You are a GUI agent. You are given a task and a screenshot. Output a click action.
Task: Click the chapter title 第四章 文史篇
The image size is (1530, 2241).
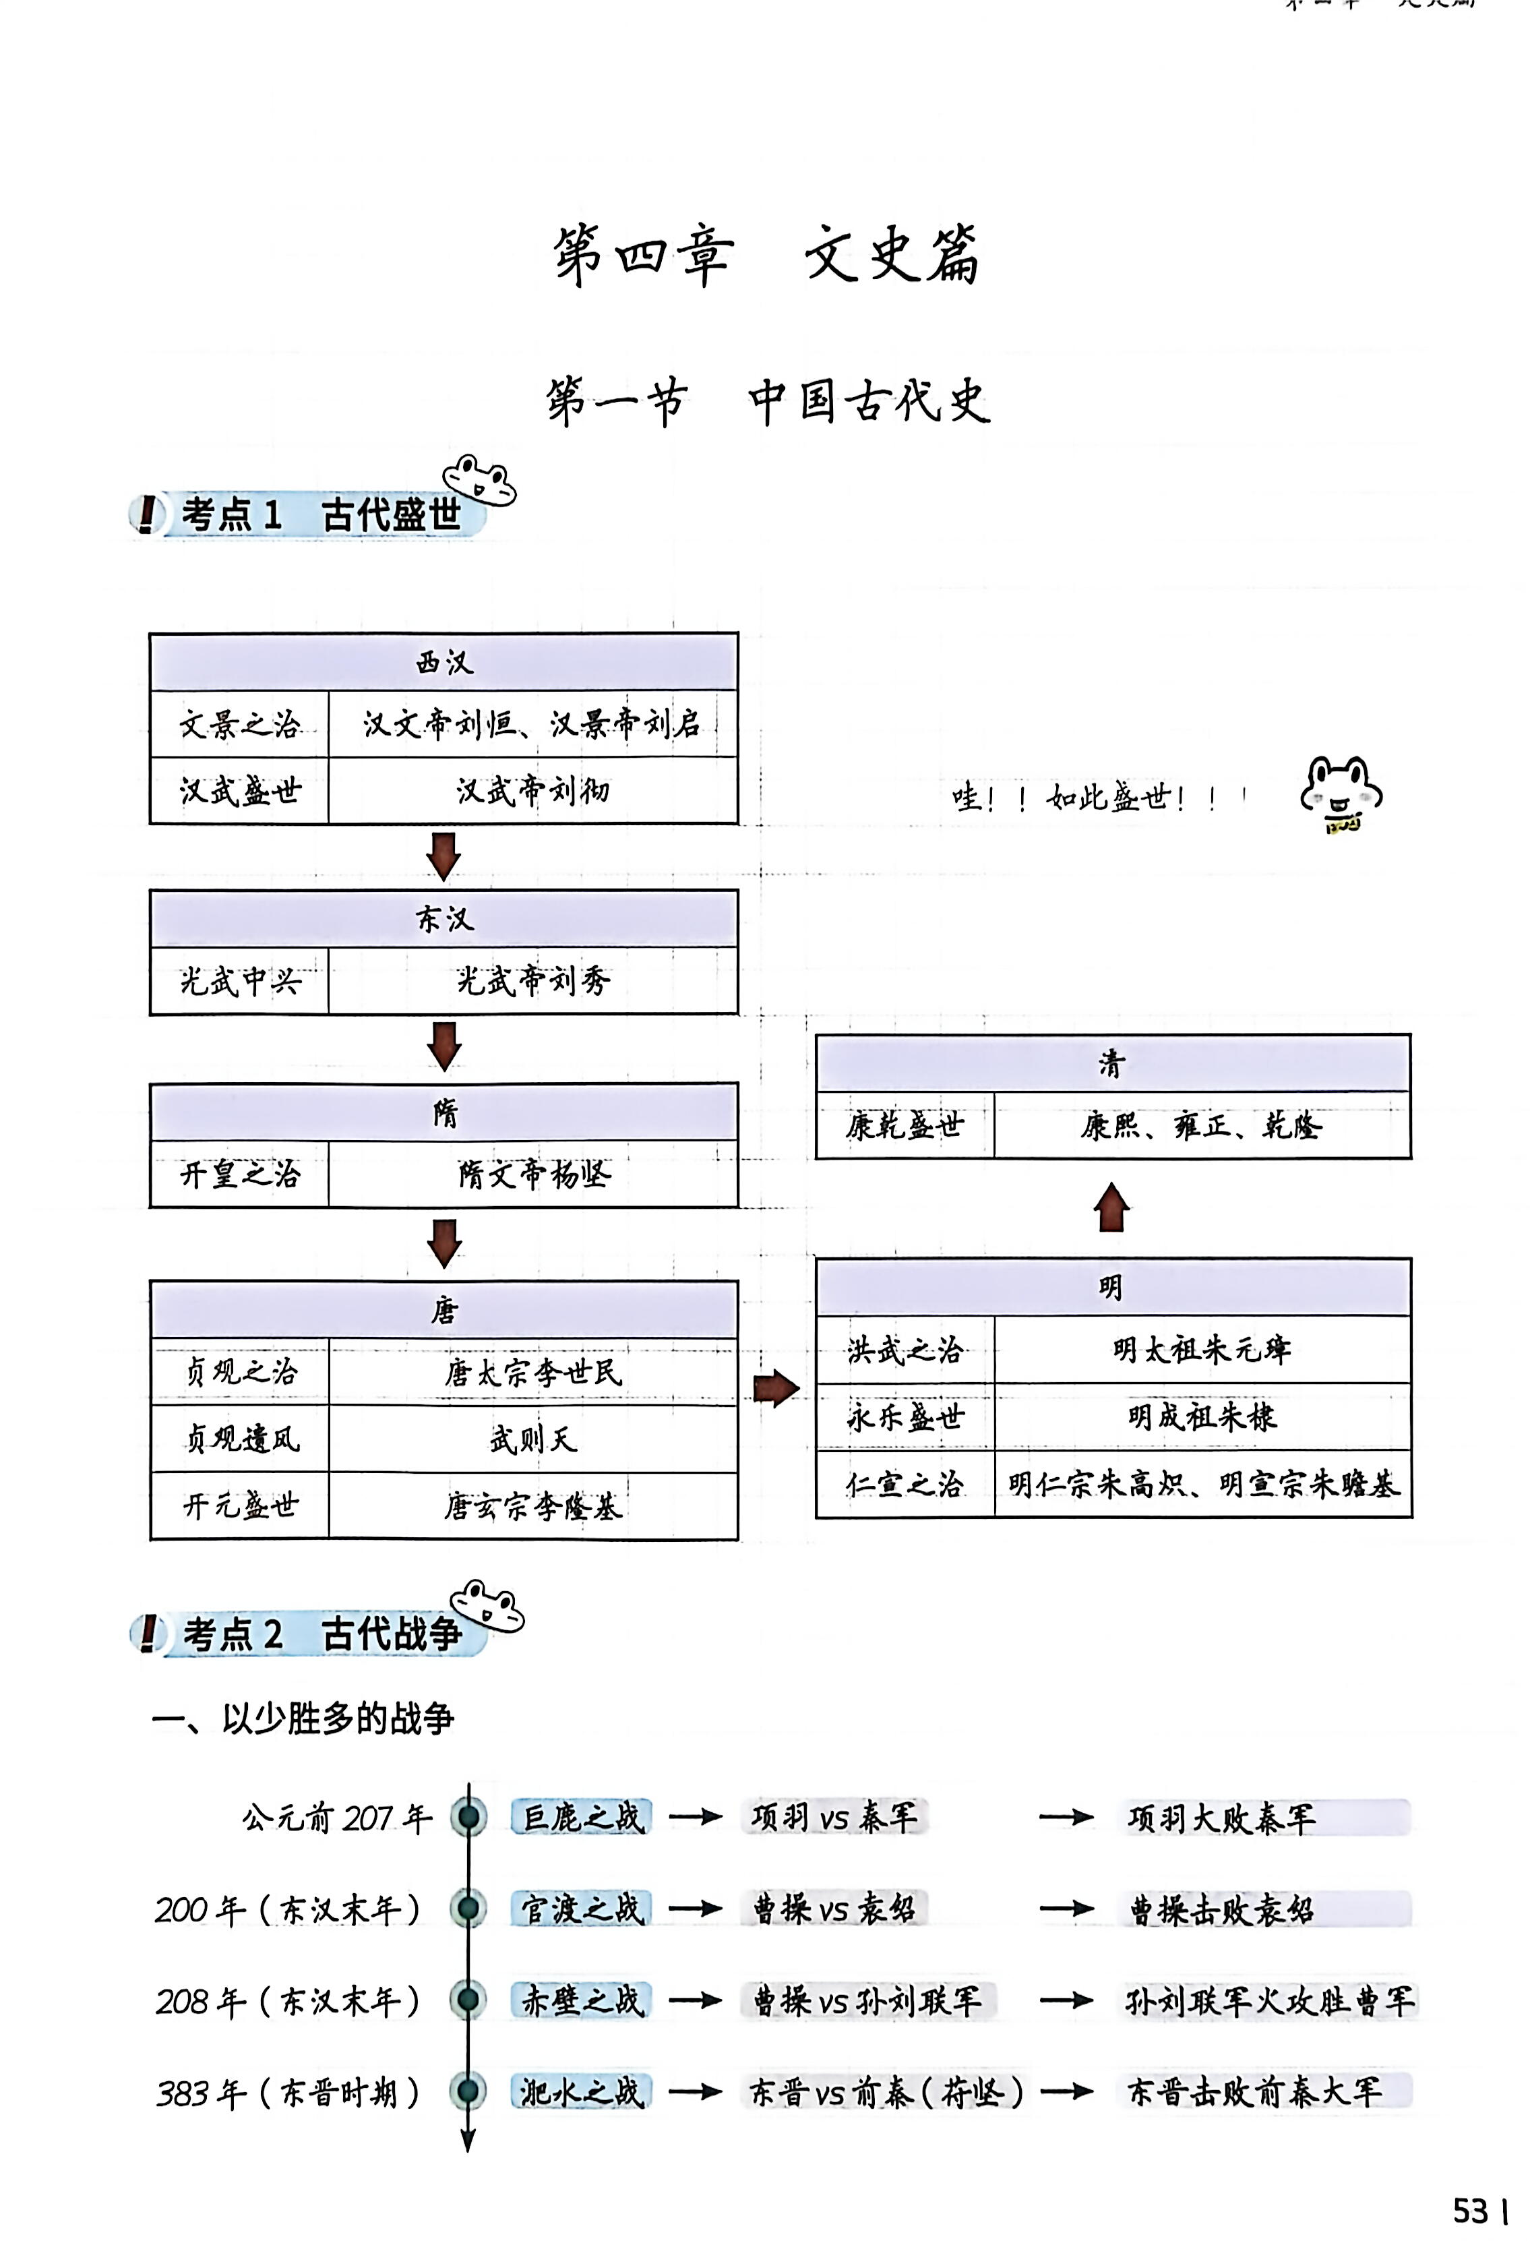click(x=766, y=255)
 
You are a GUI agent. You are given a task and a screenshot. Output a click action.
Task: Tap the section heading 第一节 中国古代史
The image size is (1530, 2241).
click(x=768, y=401)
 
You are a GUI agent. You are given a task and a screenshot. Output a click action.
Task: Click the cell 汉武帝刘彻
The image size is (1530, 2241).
click(x=532, y=791)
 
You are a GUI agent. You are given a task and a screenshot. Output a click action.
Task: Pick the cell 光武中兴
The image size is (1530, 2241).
click(x=239, y=982)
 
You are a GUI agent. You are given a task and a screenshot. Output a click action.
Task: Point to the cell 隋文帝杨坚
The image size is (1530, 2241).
click(x=532, y=1174)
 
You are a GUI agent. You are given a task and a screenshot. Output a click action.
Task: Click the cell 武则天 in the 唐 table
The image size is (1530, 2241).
click(x=532, y=1439)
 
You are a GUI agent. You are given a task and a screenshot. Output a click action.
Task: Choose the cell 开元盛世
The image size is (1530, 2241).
click(x=239, y=1505)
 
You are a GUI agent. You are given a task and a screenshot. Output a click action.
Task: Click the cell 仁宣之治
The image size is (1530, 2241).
click(x=905, y=1484)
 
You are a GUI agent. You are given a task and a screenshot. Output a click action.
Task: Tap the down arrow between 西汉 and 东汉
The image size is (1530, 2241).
click(x=443, y=856)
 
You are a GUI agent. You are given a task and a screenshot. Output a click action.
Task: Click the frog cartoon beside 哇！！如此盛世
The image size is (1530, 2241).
click(x=1341, y=796)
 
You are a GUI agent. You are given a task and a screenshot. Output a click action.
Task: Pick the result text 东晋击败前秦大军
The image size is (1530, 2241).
click(x=1254, y=2091)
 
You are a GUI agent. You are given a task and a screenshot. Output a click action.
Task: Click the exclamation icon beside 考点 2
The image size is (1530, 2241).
click(x=148, y=1632)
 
